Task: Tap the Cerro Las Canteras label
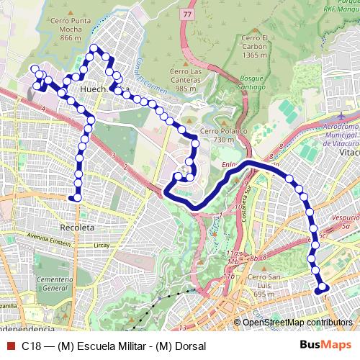(186, 80)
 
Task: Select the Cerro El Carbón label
(256, 45)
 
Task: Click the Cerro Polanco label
(223, 135)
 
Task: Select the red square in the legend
(10, 345)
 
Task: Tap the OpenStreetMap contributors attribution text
(296, 322)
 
